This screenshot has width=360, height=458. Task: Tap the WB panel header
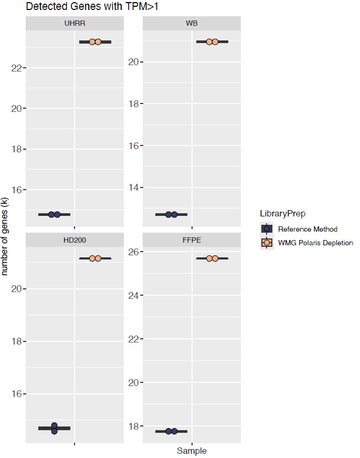pos(192,24)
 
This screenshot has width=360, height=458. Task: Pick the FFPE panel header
pos(192,240)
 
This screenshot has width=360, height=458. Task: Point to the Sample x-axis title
pos(192,451)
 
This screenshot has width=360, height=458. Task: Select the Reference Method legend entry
pos(308,229)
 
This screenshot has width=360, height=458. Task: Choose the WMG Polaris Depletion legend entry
pos(315,243)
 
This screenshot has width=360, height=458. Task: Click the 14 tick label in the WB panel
pos(132,187)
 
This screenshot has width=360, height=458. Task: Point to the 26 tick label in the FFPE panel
pos(132,252)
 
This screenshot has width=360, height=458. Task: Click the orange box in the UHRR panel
pos(95,41)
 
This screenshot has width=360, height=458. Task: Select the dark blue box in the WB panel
pos(171,214)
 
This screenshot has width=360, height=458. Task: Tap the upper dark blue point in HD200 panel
pos(54,425)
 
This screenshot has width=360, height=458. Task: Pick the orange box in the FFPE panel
pos(212,258)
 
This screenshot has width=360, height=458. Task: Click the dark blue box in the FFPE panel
pos(171,431)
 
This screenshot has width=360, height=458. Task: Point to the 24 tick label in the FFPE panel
pos(132,296)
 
